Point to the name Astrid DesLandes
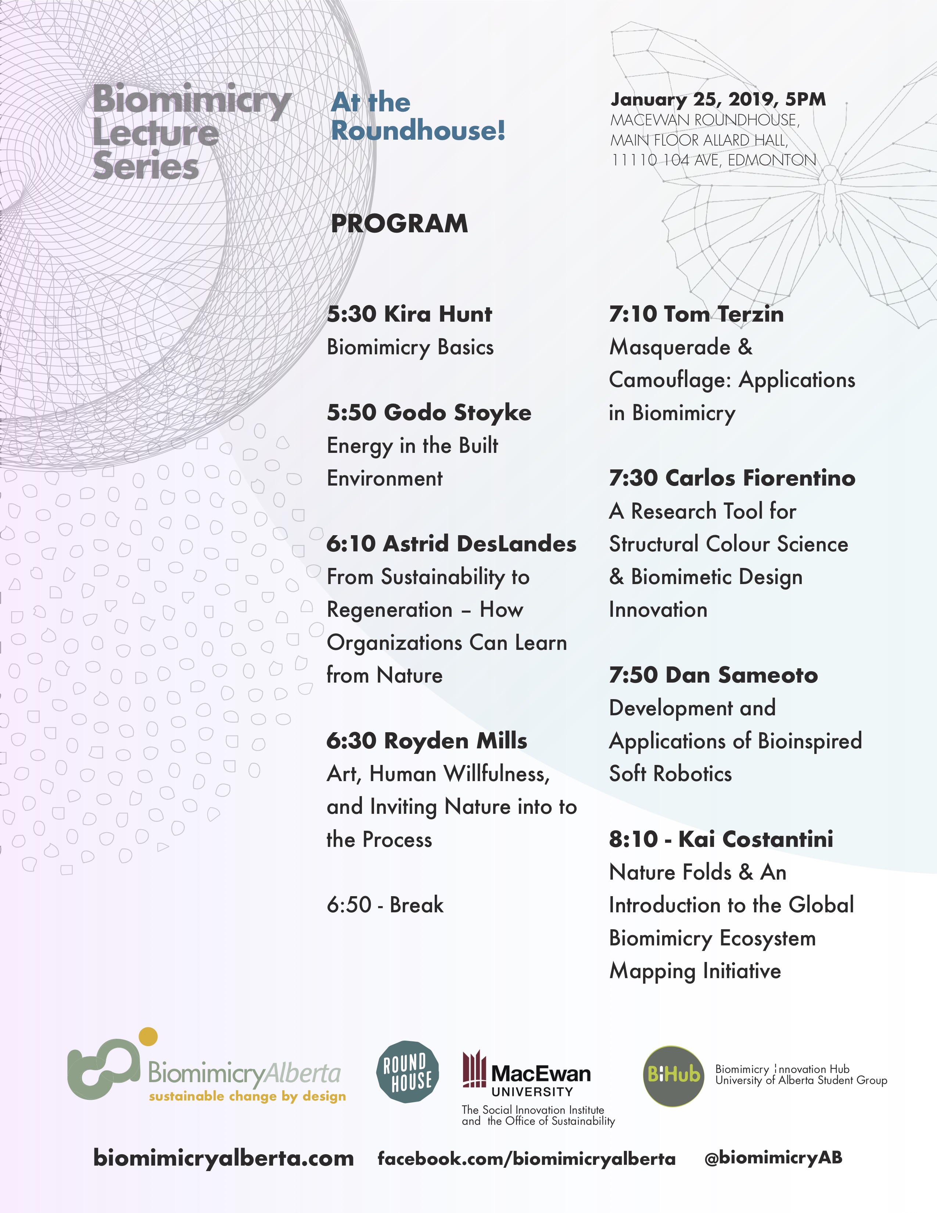click(479, 544)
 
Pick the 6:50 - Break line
click(385, 905)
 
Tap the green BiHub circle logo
click(673, 1076)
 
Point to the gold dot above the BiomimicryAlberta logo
click(148, 1037)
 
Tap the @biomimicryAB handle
click(773, 1157)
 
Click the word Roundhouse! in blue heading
click(418, 130)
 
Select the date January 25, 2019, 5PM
click(718, 99)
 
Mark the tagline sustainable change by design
click(247, 1096)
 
